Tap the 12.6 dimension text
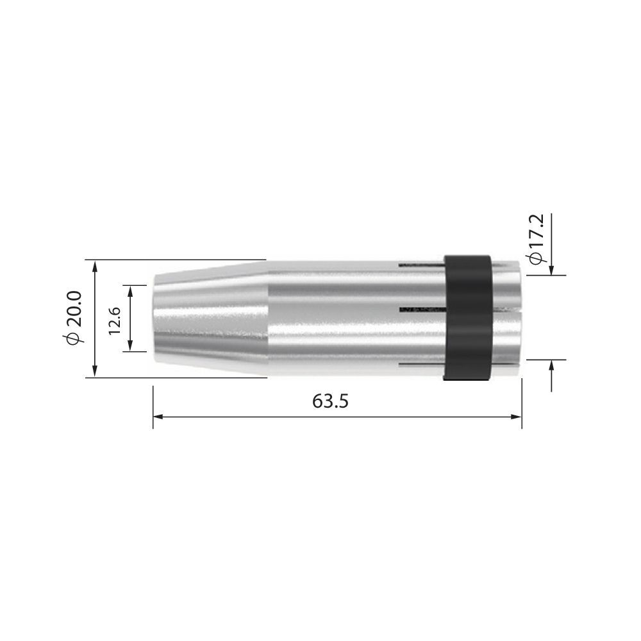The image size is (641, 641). (115, 319)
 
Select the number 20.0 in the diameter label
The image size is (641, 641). (74, 308)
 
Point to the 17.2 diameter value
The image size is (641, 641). (537, 233)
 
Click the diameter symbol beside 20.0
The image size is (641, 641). (74, 338)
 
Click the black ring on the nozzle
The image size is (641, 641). (468, 319)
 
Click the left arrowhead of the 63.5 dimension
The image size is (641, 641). (158, 417)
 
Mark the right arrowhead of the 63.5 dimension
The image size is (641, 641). (517, 417)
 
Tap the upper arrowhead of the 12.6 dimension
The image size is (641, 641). (131, 290)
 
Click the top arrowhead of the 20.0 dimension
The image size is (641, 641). (95, 265)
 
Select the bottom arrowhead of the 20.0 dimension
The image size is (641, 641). (95, 372)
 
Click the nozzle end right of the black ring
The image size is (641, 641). (508, 319)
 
